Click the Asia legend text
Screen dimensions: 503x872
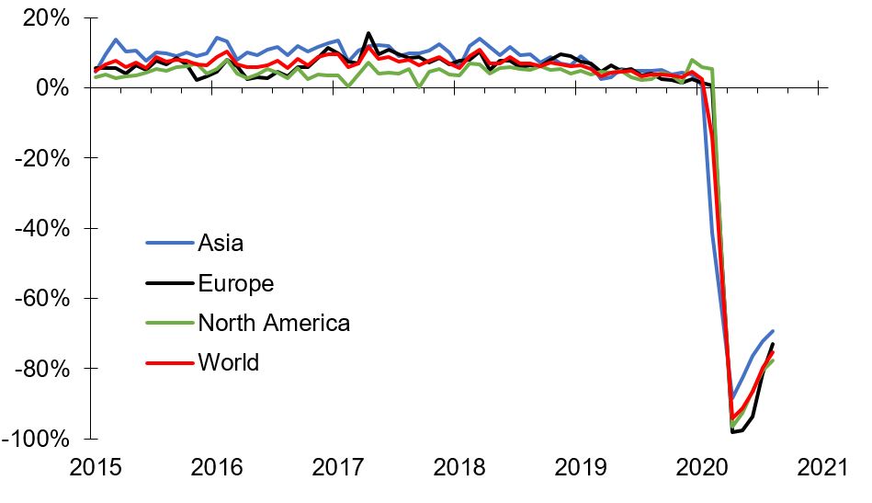221,243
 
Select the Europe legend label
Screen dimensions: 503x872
235,283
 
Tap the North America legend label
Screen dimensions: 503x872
274,323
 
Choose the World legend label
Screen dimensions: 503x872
228,362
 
